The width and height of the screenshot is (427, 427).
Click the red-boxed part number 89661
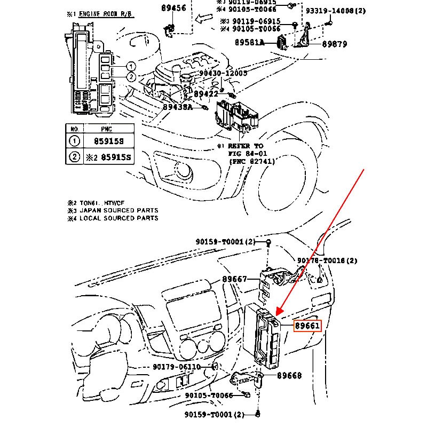(307, 325)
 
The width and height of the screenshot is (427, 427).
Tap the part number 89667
(234, 279)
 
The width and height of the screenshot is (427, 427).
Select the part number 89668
(289, 376)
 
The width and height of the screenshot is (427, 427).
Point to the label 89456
(173, 8)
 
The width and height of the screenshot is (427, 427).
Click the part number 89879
(335, 44)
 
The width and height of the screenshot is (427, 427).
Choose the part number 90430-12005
(223, 73)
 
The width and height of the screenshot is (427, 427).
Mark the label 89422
(206, 94)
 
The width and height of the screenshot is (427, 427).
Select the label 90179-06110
(176, 367)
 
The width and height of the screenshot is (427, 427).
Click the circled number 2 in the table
(75, 156)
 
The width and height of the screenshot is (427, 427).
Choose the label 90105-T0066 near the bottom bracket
(209, 396)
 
